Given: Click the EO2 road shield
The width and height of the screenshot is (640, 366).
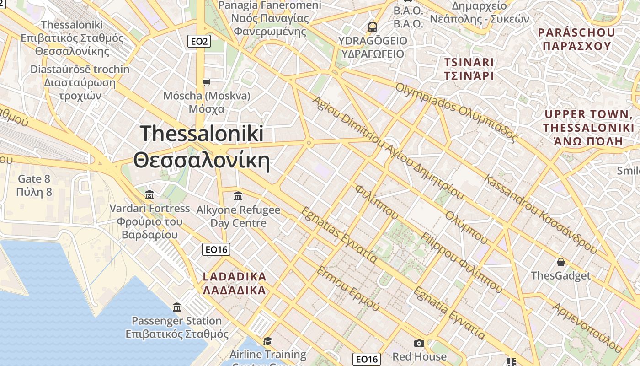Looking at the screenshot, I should point(199,42).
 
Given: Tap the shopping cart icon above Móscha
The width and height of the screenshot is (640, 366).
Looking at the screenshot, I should point(207,82).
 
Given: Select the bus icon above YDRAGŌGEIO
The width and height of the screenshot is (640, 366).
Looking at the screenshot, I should point(373,27).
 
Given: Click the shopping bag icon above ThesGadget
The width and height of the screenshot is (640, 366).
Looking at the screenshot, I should point(561,262).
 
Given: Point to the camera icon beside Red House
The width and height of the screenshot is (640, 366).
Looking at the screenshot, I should point(419,343).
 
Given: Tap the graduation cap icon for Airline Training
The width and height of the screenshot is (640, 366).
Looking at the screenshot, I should point(267,341).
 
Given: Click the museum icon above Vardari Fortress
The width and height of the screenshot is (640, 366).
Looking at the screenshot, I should point(149,195).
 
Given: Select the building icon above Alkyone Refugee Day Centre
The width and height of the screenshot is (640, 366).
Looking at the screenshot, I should point(238,196).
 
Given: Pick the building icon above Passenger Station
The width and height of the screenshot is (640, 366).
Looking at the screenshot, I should point(177,307).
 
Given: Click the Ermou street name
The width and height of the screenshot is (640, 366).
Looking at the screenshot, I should point(348,289).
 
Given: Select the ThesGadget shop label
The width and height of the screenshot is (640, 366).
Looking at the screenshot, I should point(560,276).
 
